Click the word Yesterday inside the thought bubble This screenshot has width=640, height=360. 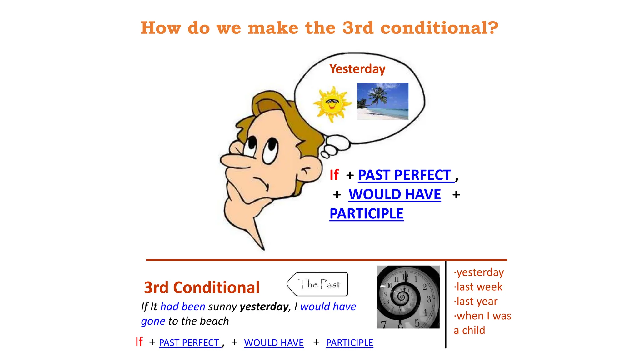[357, 69]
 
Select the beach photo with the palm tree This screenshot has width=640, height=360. [382, 101]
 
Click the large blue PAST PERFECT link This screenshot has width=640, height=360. [404, 175]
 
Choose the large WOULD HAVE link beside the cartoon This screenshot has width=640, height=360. [395, 194]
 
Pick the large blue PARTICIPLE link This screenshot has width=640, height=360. [366, 214]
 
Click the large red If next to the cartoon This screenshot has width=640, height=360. [334, 175]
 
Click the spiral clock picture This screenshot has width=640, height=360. [408, 297]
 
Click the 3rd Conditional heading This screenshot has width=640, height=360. [202, 287]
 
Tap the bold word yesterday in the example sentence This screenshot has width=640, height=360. [264, 307]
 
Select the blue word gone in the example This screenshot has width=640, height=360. [153, 321]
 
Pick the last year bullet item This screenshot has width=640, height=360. [476, 302]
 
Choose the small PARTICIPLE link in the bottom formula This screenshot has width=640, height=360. [349, 343]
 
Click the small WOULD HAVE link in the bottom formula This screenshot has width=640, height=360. [273, 343]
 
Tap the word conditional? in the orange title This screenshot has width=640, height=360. [439, 28]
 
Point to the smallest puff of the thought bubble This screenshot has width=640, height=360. [325, 155]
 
